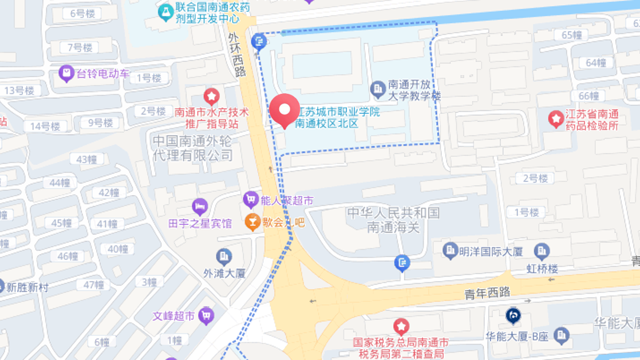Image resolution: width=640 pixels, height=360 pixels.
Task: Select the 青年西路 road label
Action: coord(487,294)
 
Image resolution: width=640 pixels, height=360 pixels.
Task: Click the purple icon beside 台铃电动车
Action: coord(67,73)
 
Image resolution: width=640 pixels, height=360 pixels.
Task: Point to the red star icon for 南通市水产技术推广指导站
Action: coord(212,96)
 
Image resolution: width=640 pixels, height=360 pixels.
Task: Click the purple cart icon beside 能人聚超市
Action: coord(250,200)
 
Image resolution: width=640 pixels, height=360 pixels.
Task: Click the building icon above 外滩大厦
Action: coord(224,256)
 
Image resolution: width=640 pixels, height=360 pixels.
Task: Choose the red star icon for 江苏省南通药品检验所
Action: coord(555,118)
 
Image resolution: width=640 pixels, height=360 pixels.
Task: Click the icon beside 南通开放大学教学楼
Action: coord(377,89)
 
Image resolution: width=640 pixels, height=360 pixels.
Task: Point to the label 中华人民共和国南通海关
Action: coord(394,220)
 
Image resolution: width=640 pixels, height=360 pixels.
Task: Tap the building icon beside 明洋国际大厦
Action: coord(451,250)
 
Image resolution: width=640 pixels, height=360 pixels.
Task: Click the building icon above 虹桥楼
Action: coord(542,251)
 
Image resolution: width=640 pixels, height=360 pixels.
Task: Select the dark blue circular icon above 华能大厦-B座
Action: coord(513,315)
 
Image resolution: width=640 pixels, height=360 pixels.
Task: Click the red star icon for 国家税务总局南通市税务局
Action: coord(401,327)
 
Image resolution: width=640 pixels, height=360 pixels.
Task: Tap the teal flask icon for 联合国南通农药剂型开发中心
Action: coord(166,11)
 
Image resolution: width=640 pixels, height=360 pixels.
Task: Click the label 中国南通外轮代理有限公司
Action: coord(193,148)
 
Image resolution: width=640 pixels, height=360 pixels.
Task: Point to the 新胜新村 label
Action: coord(27,287)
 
